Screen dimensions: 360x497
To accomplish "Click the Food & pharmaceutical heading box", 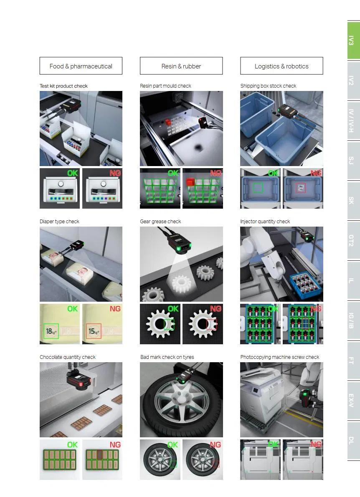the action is tap(81, 66).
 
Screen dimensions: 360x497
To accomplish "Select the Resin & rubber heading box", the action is tap(181, 66).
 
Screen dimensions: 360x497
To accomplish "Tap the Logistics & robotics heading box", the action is tap(281, 66).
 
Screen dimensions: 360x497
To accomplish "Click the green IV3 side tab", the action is tap(353, 40).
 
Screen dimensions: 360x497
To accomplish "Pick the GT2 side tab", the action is tap(353, 241).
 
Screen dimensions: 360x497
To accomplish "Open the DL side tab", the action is tap(353, 441).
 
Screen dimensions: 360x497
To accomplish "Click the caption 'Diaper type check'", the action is tap(59, 222).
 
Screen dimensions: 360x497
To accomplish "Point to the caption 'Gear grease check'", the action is tap(160, 222).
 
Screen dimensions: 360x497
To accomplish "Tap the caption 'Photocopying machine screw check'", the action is tap(280, 357).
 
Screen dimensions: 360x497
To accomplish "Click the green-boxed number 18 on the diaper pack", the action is tap(51, 331).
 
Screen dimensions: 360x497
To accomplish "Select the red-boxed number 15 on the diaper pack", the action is tap(94, 331).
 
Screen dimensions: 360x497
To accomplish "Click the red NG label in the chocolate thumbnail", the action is tap(115, 445).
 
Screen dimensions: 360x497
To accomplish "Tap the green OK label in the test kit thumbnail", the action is tap(73, 173).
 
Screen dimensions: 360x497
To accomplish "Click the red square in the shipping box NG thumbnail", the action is tap(301, 188).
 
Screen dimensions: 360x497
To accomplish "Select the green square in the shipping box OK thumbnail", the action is tap(258, 188).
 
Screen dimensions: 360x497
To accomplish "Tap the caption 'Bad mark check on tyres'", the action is tap(167, 357).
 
